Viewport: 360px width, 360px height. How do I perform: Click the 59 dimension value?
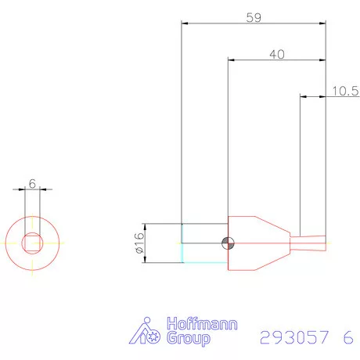pos(253,16)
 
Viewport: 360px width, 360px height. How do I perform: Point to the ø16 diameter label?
pos(139,243)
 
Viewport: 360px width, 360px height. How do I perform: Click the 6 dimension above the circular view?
pos(32,182)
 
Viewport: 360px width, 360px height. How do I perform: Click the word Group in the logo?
pos(189,339)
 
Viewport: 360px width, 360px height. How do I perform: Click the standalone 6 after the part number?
pos(347,338)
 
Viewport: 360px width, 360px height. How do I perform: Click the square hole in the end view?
pos(32,243)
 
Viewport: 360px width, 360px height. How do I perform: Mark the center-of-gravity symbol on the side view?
pos(228,243)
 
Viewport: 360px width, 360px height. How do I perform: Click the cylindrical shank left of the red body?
pos(204,243)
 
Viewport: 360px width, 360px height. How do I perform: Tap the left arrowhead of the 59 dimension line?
pos(185,23)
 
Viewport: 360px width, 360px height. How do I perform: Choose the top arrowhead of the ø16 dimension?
pos(147,225)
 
